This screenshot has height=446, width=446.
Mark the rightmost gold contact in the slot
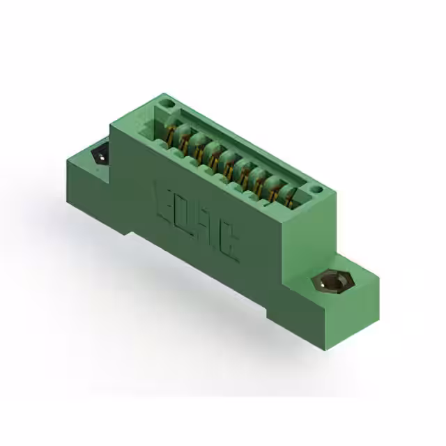click(x=287, y=199)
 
